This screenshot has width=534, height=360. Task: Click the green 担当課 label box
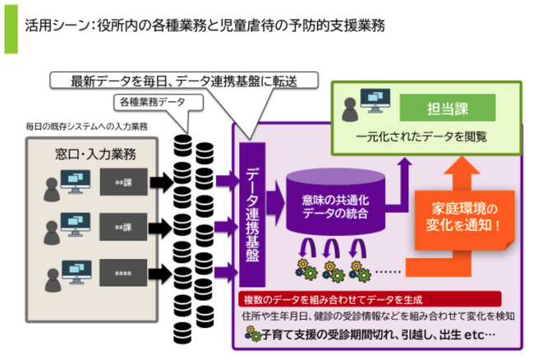coord(449,107)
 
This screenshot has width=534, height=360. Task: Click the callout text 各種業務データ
coord(154,103)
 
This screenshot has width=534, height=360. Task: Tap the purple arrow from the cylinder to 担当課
coord(403,177)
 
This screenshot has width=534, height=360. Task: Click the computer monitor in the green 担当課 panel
coord(377,106)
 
